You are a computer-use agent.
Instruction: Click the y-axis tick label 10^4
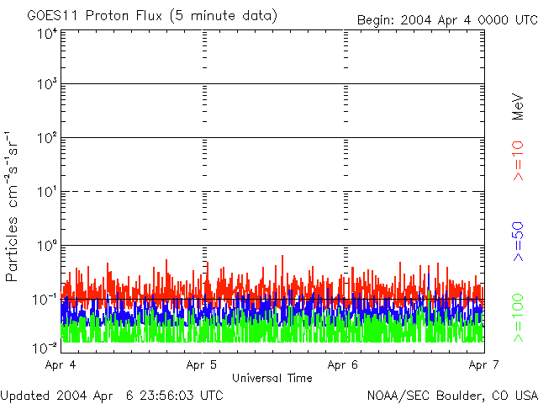click(x=48, y=35)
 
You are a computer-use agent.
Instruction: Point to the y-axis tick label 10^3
click(x=48, y=85)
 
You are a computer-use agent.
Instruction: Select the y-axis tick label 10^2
click(x=48, y=139)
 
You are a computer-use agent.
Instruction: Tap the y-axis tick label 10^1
click(x=48, y=193)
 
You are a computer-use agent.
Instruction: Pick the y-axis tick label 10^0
click(x=48, y=247)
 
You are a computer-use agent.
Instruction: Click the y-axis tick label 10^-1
click(x=46, y=300)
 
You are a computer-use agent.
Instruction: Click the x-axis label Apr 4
click(x=62, y=364)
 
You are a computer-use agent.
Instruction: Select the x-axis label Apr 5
click(x=203, y=364)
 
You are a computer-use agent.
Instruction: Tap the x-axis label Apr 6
click(x=344, y=364)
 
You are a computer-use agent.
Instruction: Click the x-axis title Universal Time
click(x=272, y=378)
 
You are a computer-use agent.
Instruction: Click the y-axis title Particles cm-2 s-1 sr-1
click(x=14, y=206)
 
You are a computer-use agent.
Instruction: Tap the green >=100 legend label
click(x=519, y=316)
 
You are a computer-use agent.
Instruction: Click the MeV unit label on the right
click(x=519, y=108)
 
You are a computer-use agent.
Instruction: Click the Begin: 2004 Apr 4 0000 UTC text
click(x=446, y=19)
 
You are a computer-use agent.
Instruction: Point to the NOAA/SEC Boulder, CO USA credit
click(x=451, y=395)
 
